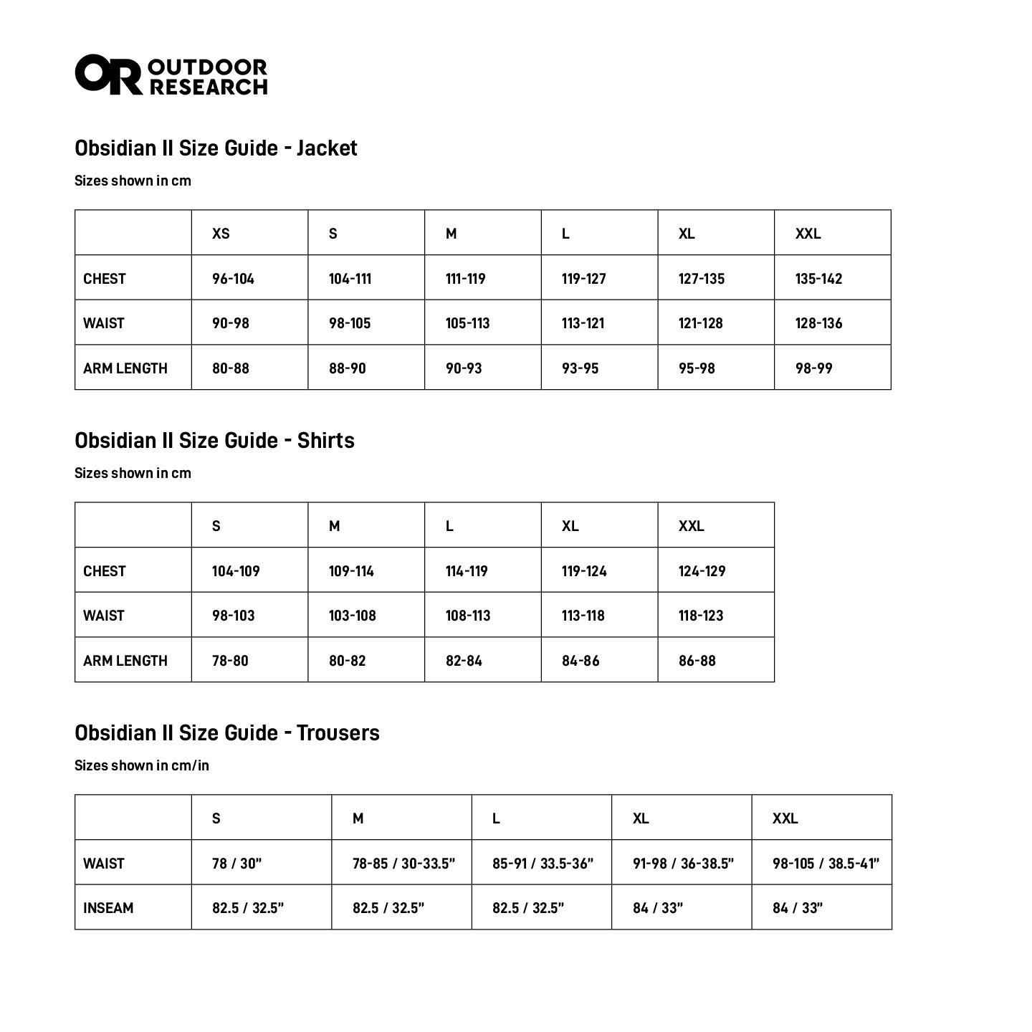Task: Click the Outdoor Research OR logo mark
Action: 108,74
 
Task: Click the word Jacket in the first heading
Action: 327,148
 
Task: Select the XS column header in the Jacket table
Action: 221,234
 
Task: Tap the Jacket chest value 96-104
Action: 233,279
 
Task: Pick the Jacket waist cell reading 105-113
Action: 467,323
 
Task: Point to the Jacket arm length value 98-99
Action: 813,368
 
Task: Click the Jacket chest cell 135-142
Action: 818,279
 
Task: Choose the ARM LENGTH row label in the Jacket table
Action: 125,368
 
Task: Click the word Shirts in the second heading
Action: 325,441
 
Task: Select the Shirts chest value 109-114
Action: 351,571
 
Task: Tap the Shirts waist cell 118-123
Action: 701,616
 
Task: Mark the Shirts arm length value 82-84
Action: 464,661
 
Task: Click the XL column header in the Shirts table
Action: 570,526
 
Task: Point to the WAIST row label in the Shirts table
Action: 104,616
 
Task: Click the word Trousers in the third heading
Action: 338,733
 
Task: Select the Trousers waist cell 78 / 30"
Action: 236,864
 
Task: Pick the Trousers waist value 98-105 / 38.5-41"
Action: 826,864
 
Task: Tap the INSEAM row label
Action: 108,908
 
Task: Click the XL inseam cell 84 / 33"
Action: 657,908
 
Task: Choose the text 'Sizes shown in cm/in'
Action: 142,765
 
